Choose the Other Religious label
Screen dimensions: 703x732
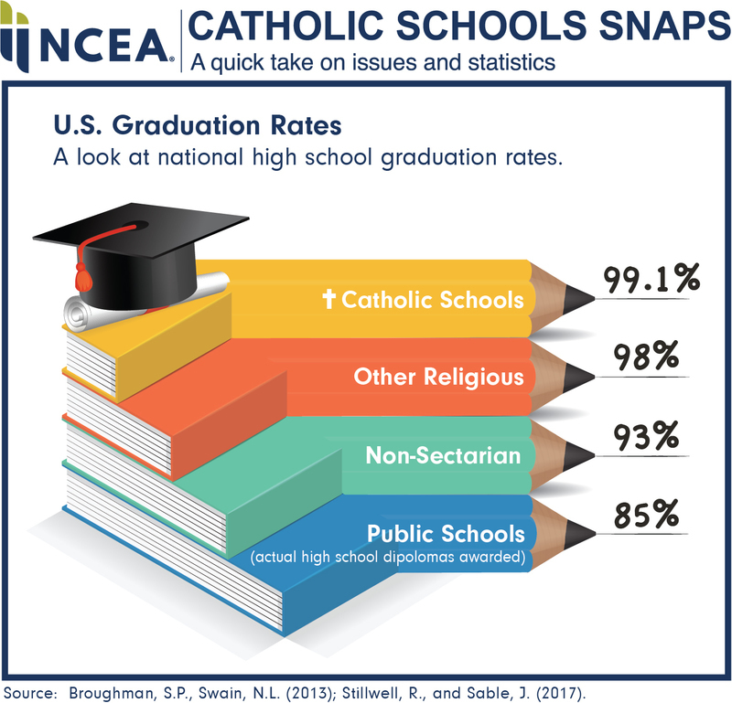tap(439, 376)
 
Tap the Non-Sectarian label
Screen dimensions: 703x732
tap(443, 454)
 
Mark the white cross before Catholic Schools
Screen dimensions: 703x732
tap(328, 300)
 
